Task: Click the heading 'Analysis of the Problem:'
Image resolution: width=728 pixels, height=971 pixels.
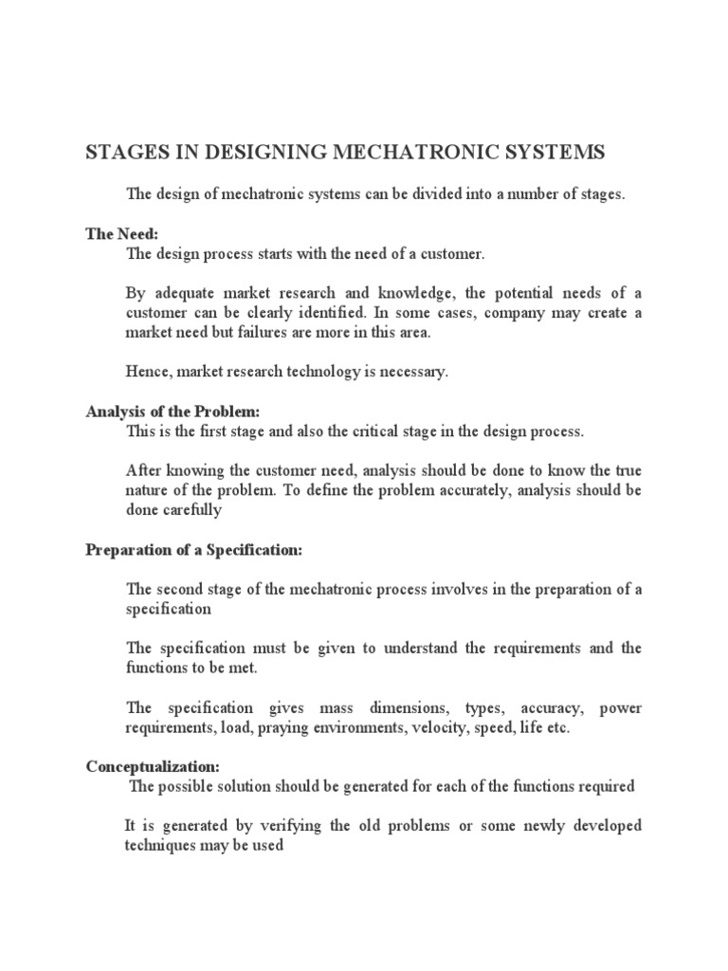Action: [173, 412]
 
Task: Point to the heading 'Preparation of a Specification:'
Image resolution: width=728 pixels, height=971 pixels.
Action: [193, 549]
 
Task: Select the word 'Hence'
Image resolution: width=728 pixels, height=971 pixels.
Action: [146, 373]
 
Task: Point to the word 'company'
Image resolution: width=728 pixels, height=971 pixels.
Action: [519, 312]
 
